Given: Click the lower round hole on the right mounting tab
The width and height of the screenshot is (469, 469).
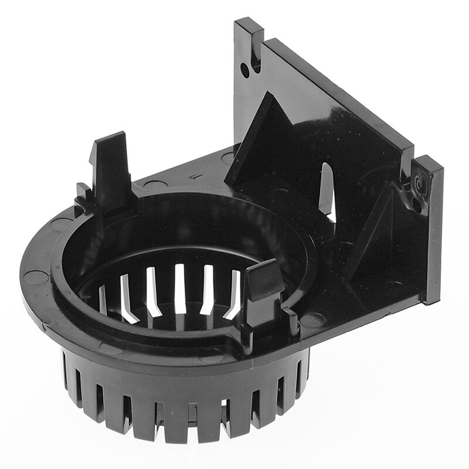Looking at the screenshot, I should [x=416, y=205].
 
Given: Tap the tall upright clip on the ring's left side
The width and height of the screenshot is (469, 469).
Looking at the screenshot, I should [x=111, y=167].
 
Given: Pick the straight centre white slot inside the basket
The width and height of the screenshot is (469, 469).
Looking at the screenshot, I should [x=179, y=287].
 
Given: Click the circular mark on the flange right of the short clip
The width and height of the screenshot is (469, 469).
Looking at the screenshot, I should [x=312, y=320].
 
